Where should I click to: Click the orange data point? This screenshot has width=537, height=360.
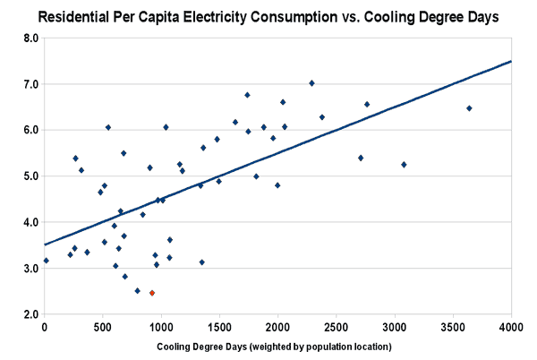[x=152, y=293]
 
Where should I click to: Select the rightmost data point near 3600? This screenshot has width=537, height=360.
[x=469, y=108]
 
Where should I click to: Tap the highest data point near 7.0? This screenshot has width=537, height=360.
[x=311, y=83]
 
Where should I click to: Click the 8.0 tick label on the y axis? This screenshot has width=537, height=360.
[x=30, y=39]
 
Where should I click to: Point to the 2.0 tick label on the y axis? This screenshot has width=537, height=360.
[x=30, y=315]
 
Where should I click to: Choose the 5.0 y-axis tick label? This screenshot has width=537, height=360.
[x=30, y=176]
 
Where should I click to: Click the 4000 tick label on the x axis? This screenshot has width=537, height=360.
[x=512, y=328]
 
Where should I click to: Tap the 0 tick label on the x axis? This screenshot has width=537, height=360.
[x=45, y=328]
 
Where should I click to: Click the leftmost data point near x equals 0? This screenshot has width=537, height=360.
[x=46, y=261]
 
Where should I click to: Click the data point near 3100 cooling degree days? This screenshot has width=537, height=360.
[x=404, y=165]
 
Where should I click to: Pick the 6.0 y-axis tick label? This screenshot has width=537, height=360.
[x=30, y=130]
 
